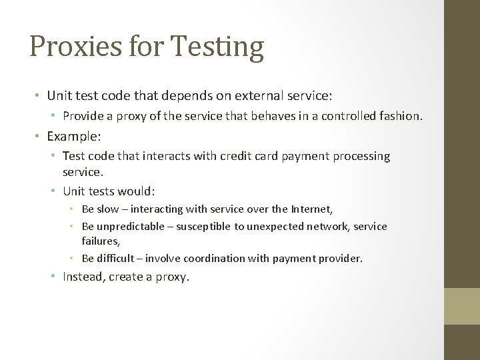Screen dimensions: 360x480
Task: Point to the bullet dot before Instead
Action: pyautogui.click(x=55, y=277)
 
